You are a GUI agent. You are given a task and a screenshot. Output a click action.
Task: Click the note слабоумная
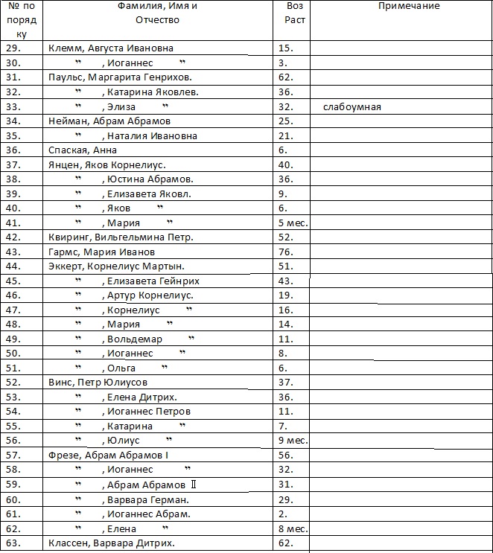[352, 107]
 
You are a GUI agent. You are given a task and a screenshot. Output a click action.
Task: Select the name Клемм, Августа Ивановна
[110, 48]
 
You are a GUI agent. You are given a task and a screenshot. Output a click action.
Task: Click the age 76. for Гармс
[284, 252]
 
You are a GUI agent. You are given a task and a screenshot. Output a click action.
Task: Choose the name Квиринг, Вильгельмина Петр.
[121, 237]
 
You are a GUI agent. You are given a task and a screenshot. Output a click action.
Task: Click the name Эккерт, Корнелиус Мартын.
[116, 266]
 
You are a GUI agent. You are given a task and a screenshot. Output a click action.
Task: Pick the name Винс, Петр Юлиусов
[98, 383]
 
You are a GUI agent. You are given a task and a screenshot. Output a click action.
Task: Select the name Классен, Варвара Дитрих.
[111, 543]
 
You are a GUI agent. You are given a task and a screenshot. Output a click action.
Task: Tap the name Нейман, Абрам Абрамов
[109, 121]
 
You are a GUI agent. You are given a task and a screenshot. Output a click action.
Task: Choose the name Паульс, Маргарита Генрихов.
[120, 77]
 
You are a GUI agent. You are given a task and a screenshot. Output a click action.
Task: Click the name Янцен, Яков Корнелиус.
[106, 164]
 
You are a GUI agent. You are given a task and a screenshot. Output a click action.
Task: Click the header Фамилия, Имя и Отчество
[158, 13]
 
